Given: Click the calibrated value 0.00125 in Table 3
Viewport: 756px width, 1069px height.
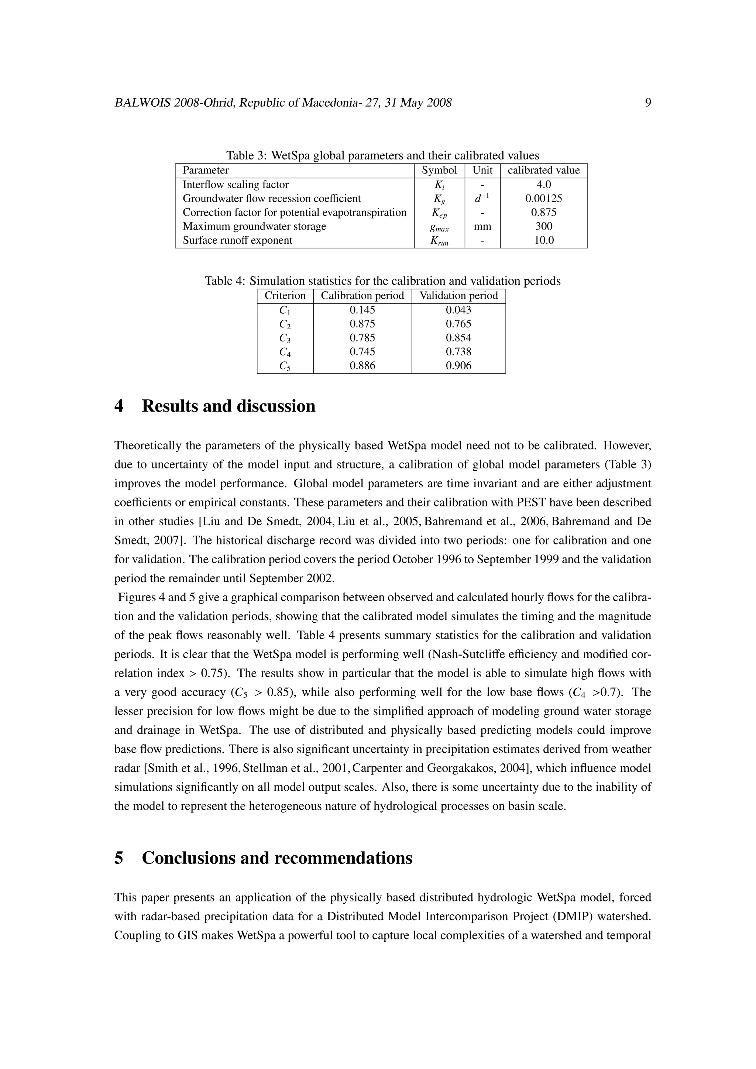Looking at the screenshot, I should [x=543, y=199].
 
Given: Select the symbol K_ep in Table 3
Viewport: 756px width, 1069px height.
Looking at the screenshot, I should [x=439, y=213].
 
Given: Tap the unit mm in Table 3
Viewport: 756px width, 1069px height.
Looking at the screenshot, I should [x=482, y=227].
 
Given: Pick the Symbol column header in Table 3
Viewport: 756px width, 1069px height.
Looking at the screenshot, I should [x=439, y=171].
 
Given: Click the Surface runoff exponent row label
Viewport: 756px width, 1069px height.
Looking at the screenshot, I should [x=237, y=241].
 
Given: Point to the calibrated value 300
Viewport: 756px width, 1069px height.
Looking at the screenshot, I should [x=543, y=227].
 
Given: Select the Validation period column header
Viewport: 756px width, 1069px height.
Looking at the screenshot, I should [x=458, y=296].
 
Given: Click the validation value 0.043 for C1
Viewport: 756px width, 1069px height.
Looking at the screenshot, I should [x=458, y=310].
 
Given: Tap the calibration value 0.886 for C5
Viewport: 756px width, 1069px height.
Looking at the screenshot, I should [x=362, y=366].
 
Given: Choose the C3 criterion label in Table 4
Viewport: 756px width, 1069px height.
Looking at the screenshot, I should [x=285, y=338].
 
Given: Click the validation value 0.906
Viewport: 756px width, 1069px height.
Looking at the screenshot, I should [x=458, y=366].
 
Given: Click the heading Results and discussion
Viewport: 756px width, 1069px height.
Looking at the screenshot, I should [x=228, y=406].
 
